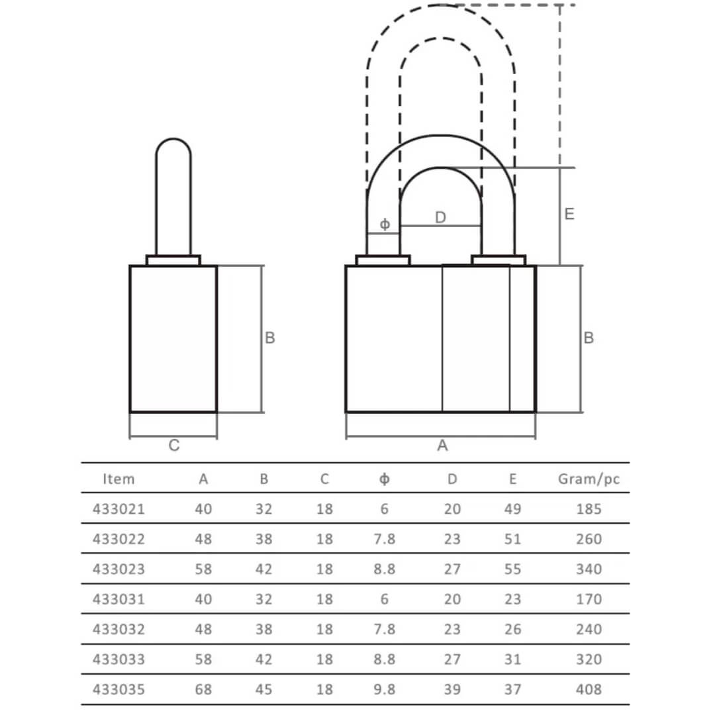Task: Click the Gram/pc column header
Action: pos(589,479)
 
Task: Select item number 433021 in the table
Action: pos(119,509)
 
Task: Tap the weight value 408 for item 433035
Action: pos(589,689)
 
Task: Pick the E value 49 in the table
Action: pos(512,509)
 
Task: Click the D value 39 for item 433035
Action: pos(452,689)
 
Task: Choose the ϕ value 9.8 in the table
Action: pos(385,689)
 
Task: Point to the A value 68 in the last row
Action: pos(203,689)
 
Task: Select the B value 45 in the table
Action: pos(263,689)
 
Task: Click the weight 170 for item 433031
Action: pos(589,599)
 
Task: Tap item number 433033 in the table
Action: pos(119,659)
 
